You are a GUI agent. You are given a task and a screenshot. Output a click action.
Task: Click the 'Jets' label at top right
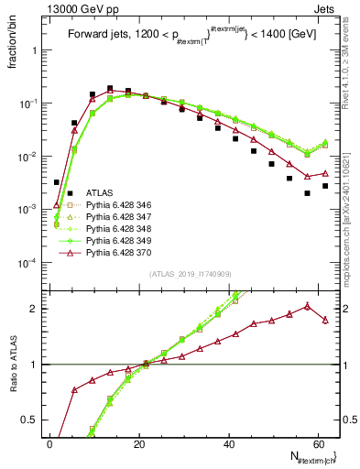tap(327, 7)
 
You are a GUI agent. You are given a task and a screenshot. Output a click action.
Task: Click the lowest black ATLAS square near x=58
tap(307, 193)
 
